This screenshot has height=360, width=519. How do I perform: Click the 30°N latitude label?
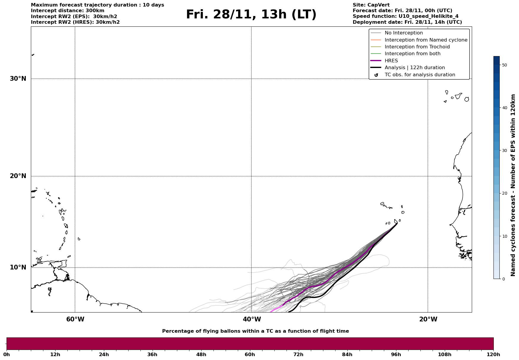pos(18,79)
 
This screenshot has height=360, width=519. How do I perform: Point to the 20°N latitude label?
pos(18,176)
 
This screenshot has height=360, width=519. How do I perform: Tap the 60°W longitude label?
pos(75,319)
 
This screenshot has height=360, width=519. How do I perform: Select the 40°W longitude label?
pos(252,319)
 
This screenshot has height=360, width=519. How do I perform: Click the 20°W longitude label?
pos(428,319)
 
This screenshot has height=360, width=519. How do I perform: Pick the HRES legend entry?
pos(391,61)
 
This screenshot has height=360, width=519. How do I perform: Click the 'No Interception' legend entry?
pos(404,33)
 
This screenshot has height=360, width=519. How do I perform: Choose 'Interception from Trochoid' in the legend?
pos(417,47)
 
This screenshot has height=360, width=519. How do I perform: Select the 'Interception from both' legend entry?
pos(412,54)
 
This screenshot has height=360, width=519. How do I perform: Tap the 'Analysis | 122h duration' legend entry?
pos(414,68)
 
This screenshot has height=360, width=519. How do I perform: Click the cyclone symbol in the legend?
pos(376,75)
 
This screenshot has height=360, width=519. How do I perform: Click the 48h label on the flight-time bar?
pos(201,355)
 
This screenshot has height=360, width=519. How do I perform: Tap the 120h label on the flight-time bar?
pos(493,355)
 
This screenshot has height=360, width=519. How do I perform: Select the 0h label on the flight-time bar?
pos(7,355)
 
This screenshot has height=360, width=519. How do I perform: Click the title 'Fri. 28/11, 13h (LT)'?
pos(251,15)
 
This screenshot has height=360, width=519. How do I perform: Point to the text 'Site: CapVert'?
pos(371,5)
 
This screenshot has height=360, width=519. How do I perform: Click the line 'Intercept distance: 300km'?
pos(67,11)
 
